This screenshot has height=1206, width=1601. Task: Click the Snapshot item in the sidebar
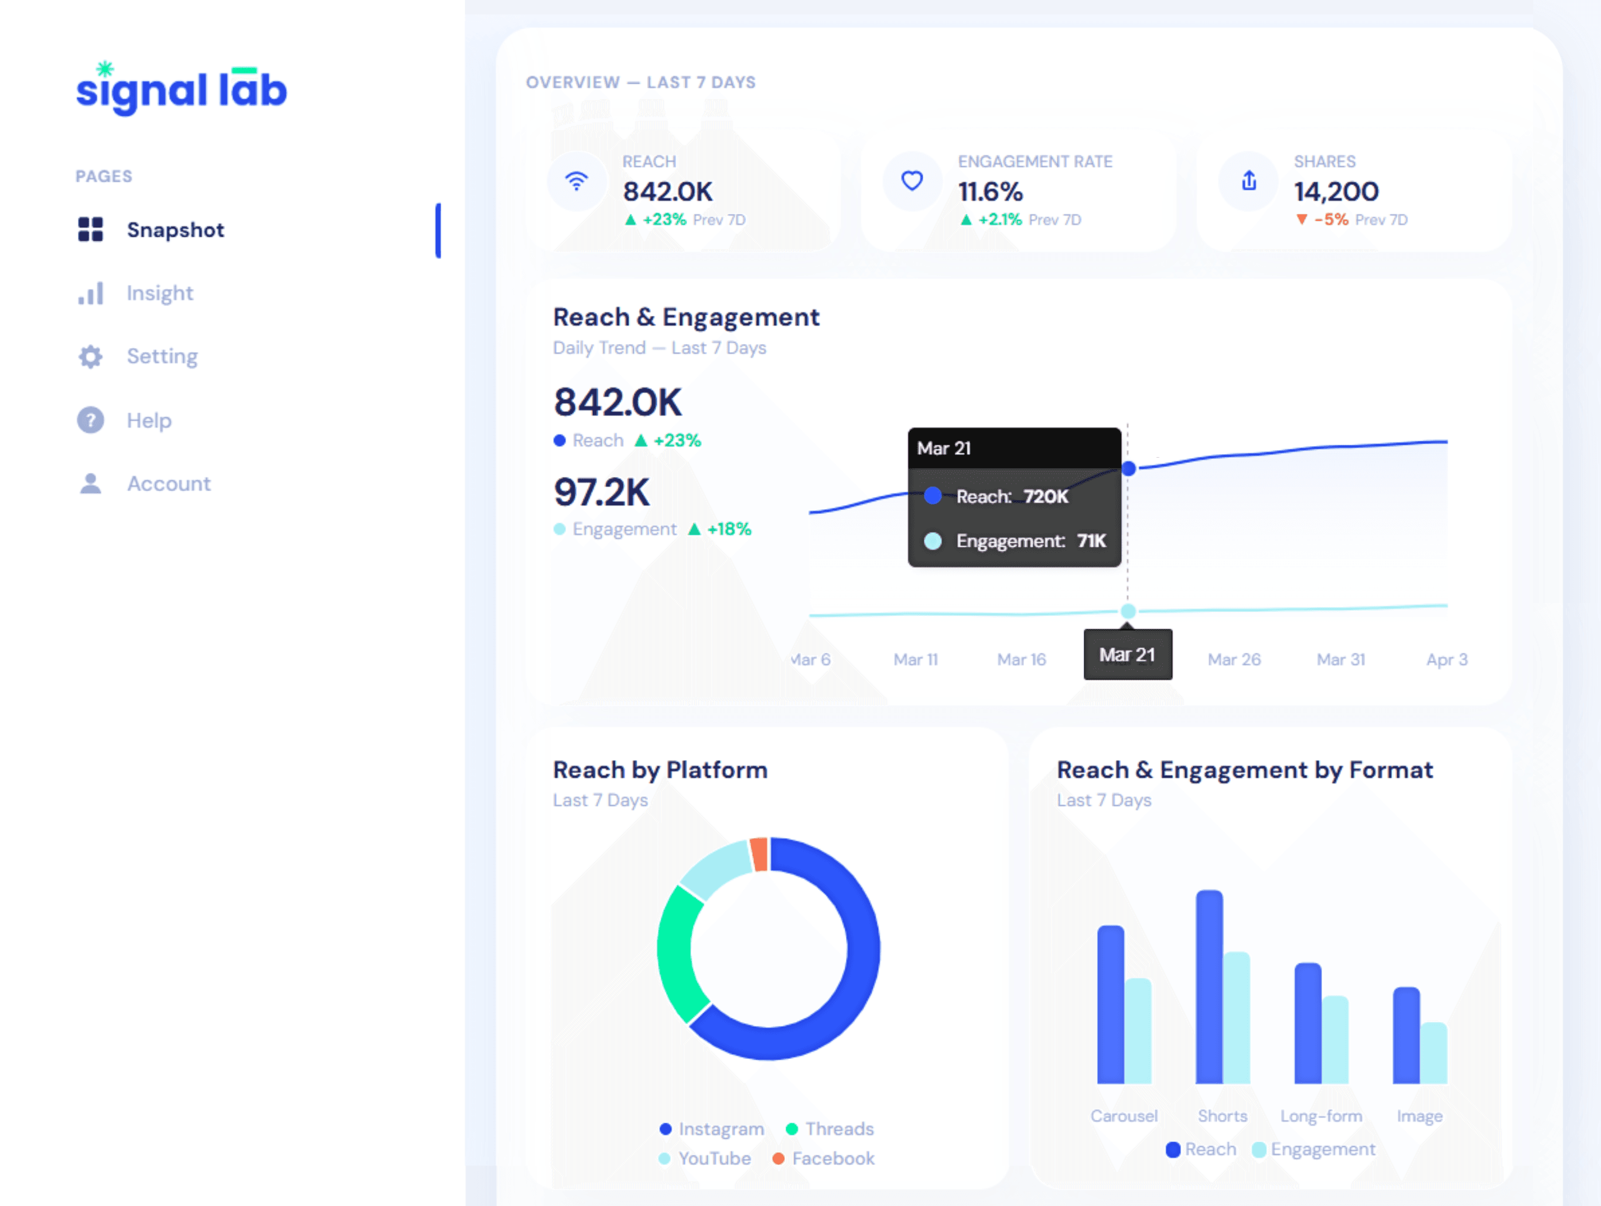click(175, 230)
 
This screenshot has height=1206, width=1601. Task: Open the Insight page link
click(159, 293)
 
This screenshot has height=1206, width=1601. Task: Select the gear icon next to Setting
click(90, 357)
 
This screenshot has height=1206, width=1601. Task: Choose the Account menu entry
click(169, 483)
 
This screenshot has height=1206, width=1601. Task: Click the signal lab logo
click(181, 89)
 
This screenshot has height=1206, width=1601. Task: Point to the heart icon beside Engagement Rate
click(912, 180)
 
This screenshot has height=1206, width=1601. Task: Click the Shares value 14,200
click(1336, 192)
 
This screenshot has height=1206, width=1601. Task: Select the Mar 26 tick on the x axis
click(1234, 659)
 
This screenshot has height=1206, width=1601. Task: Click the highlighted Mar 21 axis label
click(1127, 655)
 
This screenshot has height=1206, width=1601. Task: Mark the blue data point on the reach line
click(1128, 469)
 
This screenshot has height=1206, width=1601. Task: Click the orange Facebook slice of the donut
click(759, 854)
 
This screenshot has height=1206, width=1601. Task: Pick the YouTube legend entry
click(714, 1158)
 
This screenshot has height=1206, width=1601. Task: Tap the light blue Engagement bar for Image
click(1433, 1052)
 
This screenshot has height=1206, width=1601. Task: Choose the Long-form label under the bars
click(1321, 1116)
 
